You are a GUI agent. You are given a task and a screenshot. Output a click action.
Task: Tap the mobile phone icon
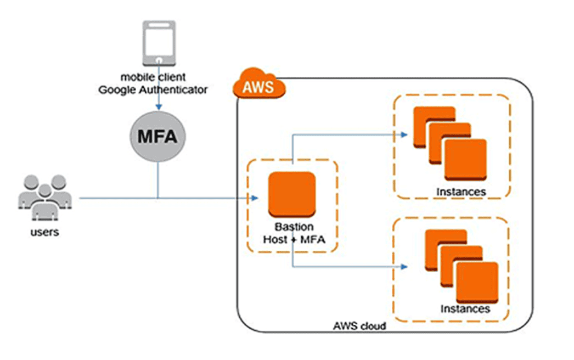[x=159, y=42]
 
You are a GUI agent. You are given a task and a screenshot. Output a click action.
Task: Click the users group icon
[x=43, y=198]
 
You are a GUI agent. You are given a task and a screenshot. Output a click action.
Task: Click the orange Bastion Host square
[x=292, y=195]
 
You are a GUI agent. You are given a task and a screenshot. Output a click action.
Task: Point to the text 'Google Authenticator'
[x=153, y=90]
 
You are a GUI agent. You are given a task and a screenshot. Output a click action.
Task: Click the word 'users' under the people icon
[x=44, y=232]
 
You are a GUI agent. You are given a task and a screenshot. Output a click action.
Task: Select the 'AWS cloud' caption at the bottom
[x=360, y=325]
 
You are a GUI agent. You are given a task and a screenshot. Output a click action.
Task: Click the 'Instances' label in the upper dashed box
[x=461, y=192]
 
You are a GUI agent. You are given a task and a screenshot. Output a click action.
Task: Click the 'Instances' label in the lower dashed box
[x=465, y=308]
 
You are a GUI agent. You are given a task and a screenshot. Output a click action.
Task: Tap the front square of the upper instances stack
[x=465, y=160]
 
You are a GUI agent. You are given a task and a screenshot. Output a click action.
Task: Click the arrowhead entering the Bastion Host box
[x=255, y=198]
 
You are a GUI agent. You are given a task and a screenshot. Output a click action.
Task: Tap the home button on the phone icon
[x=159, y=58]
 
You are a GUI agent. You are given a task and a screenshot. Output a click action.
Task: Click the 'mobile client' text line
[x=153, y=77]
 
